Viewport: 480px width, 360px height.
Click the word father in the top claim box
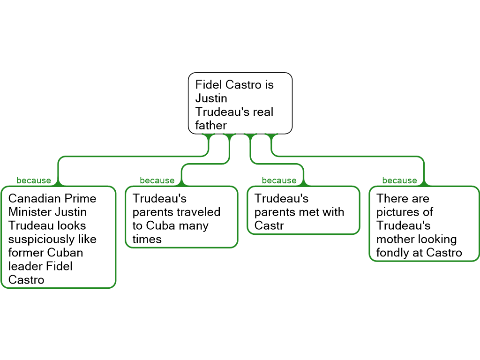point(211,126)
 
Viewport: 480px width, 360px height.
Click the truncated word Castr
point(269,226)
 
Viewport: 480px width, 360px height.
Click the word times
point(147,240)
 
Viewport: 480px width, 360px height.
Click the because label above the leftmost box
point(34,181)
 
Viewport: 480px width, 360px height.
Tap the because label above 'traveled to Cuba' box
point(157,181)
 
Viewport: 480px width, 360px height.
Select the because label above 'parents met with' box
point(279,181)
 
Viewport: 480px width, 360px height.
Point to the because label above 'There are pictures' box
point(399,181)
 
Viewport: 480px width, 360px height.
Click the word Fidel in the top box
point(209,85)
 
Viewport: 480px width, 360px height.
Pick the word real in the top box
point(263,112)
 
